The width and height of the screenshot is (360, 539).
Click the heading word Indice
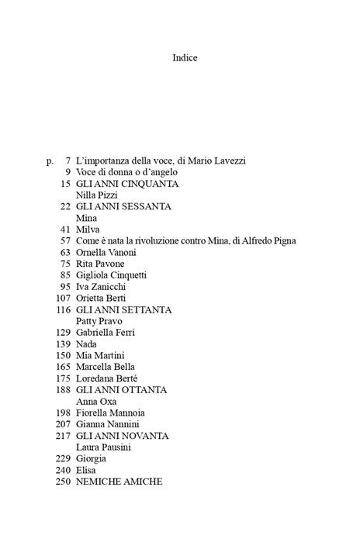(185, 57)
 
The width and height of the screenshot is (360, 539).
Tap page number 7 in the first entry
(68, 161)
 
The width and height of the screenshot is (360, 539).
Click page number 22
(65, 207)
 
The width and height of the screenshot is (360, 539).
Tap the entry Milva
(88, 230)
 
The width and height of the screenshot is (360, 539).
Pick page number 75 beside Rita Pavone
(65, 264)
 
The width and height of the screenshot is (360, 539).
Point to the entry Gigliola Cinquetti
(112, 275)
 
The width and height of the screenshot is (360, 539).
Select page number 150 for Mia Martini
(63, 355)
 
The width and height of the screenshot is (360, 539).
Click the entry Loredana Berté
(107, 378)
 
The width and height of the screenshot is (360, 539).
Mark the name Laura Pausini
(104, 447)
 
